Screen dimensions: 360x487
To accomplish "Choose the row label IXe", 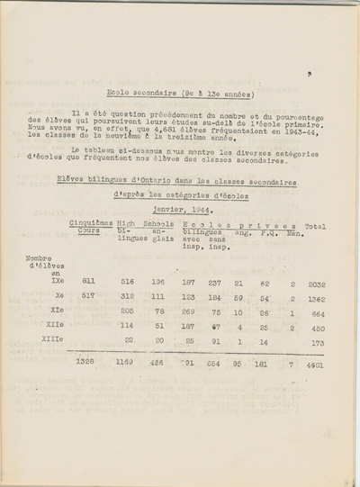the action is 45,283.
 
